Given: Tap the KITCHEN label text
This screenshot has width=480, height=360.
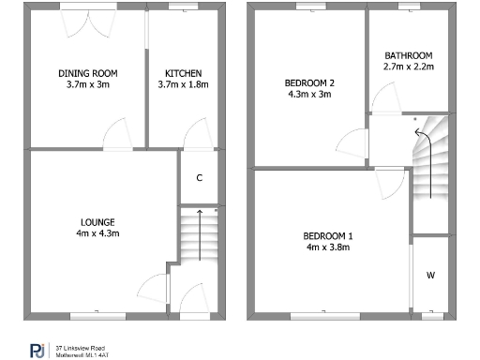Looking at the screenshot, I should tap(183, 73).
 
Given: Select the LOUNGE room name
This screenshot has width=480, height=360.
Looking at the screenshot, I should tap(98, 221).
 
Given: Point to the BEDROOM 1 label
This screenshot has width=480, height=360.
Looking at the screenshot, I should tap(328, 235).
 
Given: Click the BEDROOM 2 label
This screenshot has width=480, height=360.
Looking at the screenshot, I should tap(309, 82).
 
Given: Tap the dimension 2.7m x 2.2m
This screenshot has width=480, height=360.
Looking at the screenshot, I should tap(407, 67).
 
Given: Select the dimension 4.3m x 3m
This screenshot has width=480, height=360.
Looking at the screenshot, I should tap(309, 94).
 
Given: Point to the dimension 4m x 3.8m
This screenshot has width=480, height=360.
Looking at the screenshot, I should tap(328, 247).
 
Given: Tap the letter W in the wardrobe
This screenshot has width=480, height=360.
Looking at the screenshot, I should tap(430, 275).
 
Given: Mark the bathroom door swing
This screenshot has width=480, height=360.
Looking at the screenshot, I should tap(382, 97).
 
